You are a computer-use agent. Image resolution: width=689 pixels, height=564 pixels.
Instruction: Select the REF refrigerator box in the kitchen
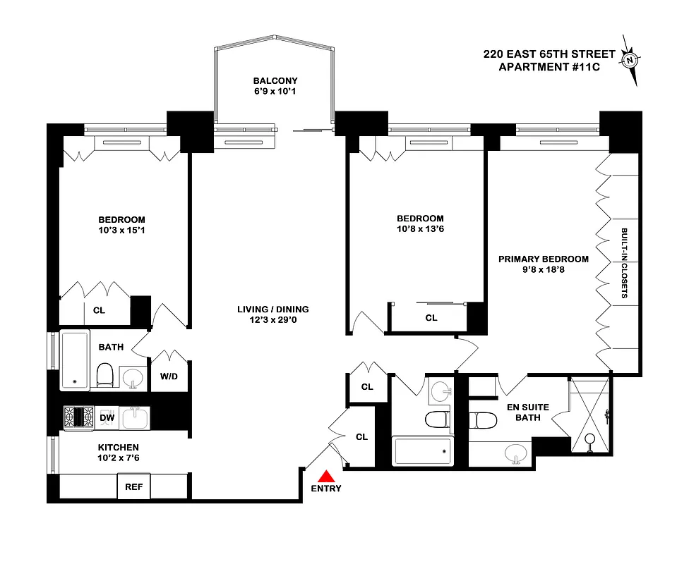click(x=134, y=486)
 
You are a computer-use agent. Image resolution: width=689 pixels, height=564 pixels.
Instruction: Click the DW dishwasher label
click(x=107, y=418)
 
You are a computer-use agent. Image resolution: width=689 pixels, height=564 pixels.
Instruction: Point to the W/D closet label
click(x=169, y=376)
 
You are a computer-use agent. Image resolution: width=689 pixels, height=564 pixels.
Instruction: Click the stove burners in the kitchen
click(x=78, y=417)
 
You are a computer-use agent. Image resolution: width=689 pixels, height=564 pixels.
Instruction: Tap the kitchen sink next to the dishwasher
click(x=135, y=418)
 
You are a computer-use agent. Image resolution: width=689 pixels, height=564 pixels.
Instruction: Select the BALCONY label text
click(x=275, y=81)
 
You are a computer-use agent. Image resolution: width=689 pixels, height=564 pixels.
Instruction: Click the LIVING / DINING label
click(x=273, y=309)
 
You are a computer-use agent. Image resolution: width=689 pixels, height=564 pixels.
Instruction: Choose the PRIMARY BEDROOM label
click(x=543, y=259)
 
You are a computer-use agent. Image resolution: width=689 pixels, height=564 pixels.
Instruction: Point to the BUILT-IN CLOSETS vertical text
click(x=625, y=263)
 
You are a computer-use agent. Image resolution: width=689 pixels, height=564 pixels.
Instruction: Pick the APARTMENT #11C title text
click(x=544, y=67)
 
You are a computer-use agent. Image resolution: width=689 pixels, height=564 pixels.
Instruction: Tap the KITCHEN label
click(x=118, y=447)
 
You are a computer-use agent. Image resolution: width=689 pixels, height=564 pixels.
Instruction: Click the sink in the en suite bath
click(x=516, y=453)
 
